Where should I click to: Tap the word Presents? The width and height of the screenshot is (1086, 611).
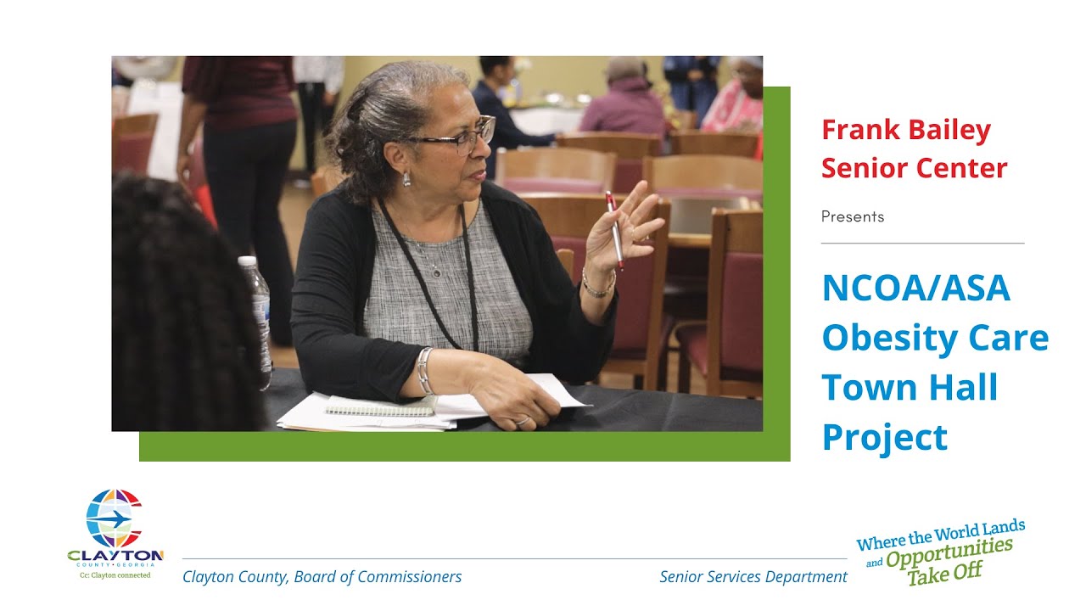coord(853,217)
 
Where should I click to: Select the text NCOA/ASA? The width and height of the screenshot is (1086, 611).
coord(916,289)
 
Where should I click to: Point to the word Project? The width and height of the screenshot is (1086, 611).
coord(885,438)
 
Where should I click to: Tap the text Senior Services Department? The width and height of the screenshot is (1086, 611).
coord(753,577)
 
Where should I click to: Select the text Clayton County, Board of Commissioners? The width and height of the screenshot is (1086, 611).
coord(322,577)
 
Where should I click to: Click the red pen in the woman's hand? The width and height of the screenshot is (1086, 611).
coord(614,230)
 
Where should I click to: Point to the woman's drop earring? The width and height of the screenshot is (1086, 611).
coord(406,178)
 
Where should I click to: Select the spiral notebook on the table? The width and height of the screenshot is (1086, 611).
coord(382,406)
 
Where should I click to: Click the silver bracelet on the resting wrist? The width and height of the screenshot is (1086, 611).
coord(423,371)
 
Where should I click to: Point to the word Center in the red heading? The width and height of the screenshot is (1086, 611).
coord(961,168)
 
